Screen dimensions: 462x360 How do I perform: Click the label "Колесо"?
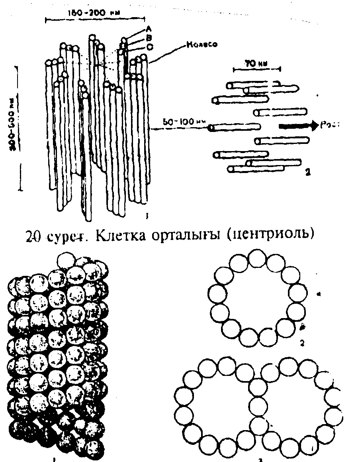[201, 44]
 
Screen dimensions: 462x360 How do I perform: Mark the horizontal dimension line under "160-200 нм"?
[94, 19]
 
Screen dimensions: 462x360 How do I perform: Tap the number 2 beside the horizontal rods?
[306, 173]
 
